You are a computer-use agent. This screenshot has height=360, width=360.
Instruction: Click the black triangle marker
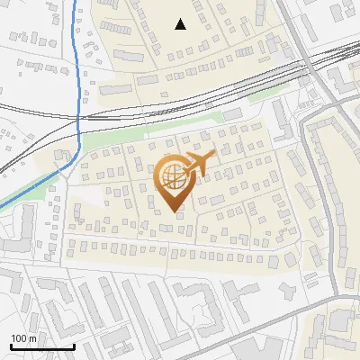181,24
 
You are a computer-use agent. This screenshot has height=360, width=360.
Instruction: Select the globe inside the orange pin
172,176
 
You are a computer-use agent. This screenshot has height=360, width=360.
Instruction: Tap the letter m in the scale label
33,338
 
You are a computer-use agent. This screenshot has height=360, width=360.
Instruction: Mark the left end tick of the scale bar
11,346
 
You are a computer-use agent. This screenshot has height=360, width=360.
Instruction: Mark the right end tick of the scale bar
74,346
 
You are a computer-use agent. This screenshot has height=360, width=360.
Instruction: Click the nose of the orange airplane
214,154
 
